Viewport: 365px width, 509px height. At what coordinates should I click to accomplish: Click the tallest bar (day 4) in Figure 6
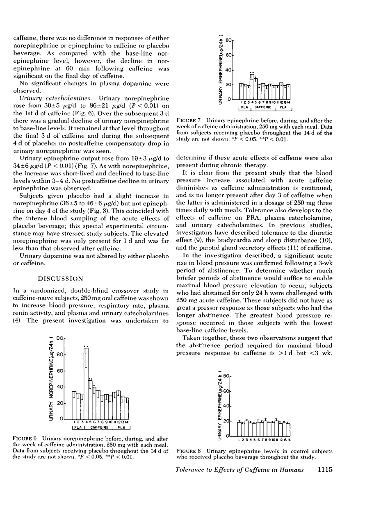86,383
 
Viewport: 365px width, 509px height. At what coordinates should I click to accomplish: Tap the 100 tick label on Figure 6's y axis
60,339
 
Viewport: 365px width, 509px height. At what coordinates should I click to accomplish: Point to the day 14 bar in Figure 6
127,409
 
